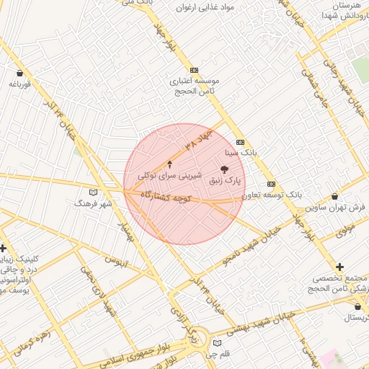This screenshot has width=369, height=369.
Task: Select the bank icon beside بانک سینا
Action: tap(240, 142)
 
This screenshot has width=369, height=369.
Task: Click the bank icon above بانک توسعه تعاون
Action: tap(270, 184)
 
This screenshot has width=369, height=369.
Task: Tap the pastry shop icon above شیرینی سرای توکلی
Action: tap(170, 164)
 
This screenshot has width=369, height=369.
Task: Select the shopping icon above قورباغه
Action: tap(19, 73)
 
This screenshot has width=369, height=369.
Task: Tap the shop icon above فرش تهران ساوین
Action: tap(335, 197)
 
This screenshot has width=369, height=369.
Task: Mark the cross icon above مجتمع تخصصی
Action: tap(340, 267)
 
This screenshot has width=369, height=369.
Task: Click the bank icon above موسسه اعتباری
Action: tap(193, 70)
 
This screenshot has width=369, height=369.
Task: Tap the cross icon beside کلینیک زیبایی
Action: tap(4, 248)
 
